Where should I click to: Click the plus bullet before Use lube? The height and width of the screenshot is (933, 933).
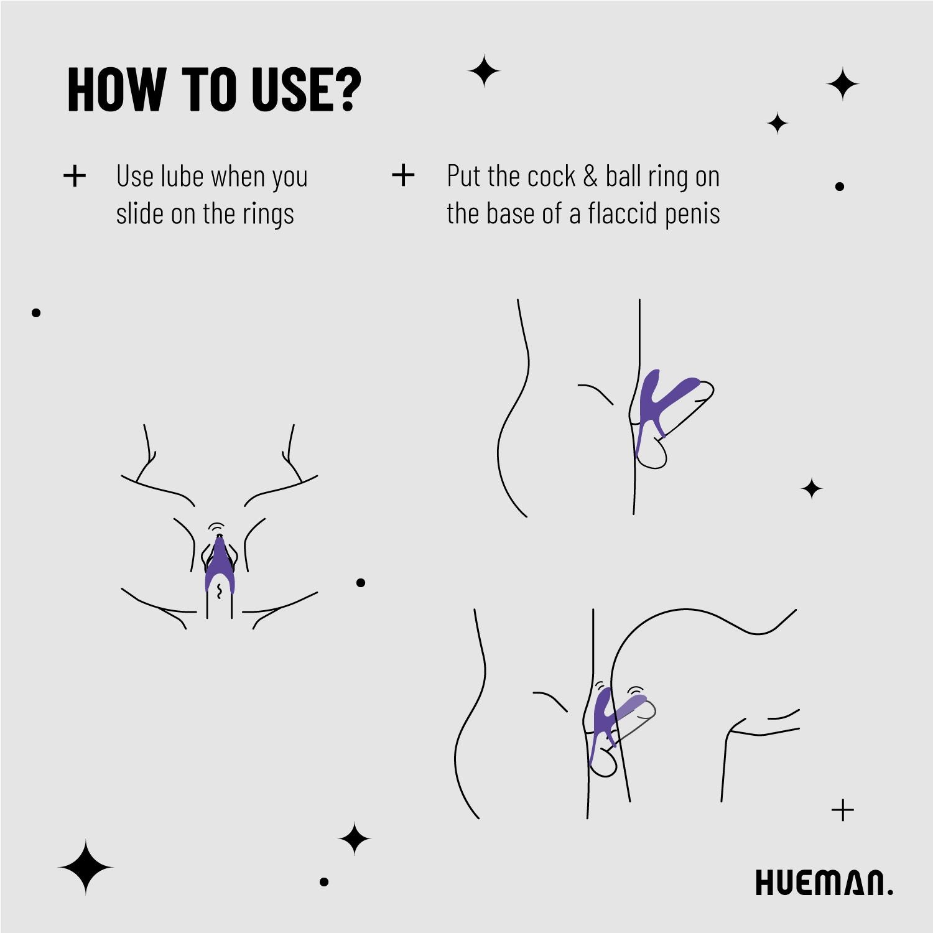75,176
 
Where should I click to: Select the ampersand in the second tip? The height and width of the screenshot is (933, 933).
590,176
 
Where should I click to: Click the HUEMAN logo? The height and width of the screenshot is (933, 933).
824,883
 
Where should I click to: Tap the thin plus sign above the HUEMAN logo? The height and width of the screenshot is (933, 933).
843,810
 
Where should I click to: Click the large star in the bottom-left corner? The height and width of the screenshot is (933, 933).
86,867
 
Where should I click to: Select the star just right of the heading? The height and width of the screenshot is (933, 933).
484,71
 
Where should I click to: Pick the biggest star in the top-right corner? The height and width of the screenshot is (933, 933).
843,84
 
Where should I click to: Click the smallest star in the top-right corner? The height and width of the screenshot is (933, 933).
777,123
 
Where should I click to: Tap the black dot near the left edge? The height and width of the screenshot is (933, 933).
36,313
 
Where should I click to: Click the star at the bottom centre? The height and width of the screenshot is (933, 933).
355,838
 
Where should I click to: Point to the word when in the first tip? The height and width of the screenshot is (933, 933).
238,176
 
